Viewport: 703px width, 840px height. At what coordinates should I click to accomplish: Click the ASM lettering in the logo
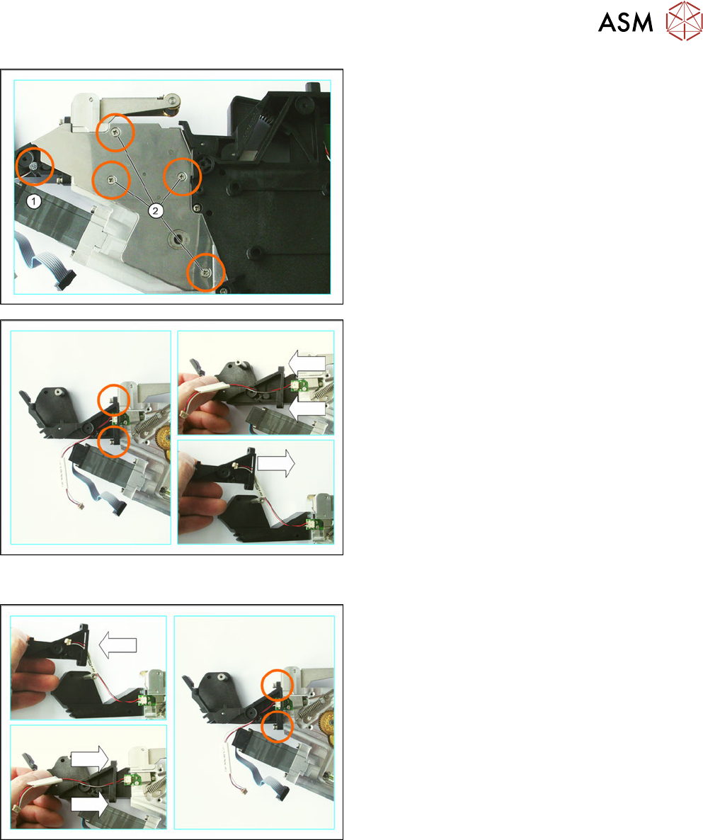tap(625, 23)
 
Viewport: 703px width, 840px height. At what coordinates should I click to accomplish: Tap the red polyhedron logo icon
tap(684, 21)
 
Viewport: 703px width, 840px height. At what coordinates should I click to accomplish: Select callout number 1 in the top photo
tap(34, 201)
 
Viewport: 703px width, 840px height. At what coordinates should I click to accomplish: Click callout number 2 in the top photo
tap(155, 210)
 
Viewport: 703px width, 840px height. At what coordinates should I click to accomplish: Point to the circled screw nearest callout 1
tap(34, 166)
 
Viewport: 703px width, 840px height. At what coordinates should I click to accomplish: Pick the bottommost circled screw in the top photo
tap(206, 273)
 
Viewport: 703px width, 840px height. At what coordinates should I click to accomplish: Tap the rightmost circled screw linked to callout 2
tap(183, 176)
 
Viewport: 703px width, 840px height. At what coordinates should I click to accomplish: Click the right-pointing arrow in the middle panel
tap(275, 463)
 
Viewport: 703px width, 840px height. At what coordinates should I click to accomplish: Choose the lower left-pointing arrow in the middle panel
tap(307, 409)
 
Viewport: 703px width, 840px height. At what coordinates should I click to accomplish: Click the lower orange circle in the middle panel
tap(114, 441)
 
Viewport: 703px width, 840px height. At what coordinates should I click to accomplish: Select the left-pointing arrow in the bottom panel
tap(118, 644)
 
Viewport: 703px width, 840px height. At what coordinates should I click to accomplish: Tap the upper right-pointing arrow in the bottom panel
tap(90, 759)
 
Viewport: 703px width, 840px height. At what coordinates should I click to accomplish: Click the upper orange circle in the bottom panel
tap(277, 685)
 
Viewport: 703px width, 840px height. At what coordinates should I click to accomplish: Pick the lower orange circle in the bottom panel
tap(278, 726)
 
